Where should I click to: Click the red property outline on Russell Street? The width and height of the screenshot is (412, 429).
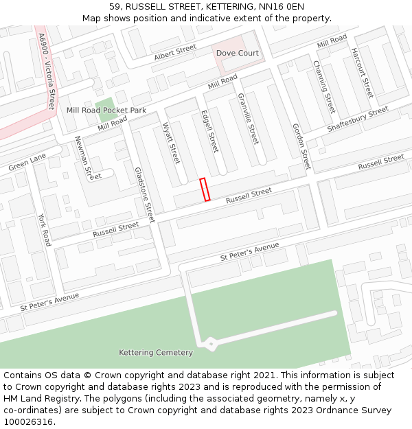coord(204,189)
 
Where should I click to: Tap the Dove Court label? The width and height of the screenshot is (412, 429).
coord(238,53)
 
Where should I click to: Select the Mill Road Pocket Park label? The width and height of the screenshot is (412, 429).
coord(106,110)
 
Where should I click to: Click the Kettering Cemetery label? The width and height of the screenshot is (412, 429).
coord(156,353)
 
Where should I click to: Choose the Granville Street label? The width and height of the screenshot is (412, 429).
coord(248,118)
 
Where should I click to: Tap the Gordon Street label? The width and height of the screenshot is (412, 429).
coord(301,146)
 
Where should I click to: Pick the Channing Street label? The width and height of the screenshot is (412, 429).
coord(324,87)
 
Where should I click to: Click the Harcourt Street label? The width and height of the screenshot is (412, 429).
coord(362,73)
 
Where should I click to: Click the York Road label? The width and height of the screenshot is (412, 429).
coord(45,229)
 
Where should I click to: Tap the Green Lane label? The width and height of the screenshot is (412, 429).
coord(27,163)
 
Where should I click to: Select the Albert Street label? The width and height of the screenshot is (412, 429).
coord(175,53)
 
